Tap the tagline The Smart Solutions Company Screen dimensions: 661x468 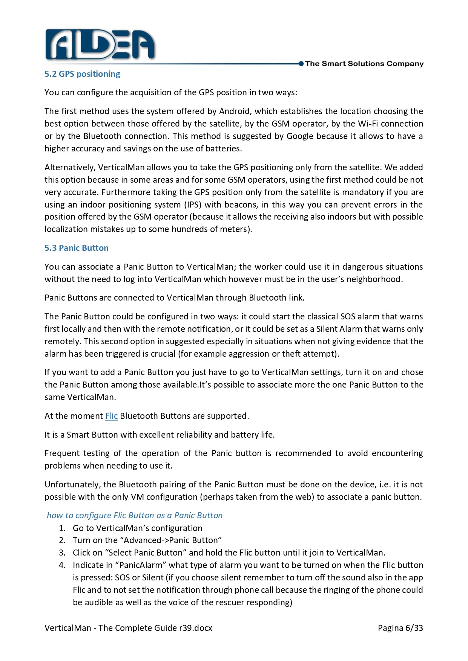coord(364,64)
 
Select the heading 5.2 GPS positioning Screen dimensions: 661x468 coord(82,74)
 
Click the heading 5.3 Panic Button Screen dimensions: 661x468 coord(77,248)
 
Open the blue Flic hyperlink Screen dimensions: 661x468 coord(111,416)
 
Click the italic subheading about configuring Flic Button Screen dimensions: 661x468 coord(135,515)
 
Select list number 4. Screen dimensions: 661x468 coord(62,565)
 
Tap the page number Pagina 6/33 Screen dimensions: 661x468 coord(400,628)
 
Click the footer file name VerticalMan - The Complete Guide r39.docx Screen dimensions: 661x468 coord(128,628)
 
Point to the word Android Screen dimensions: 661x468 coord(235,111)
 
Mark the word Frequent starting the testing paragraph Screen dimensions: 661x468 coord(61,453)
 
